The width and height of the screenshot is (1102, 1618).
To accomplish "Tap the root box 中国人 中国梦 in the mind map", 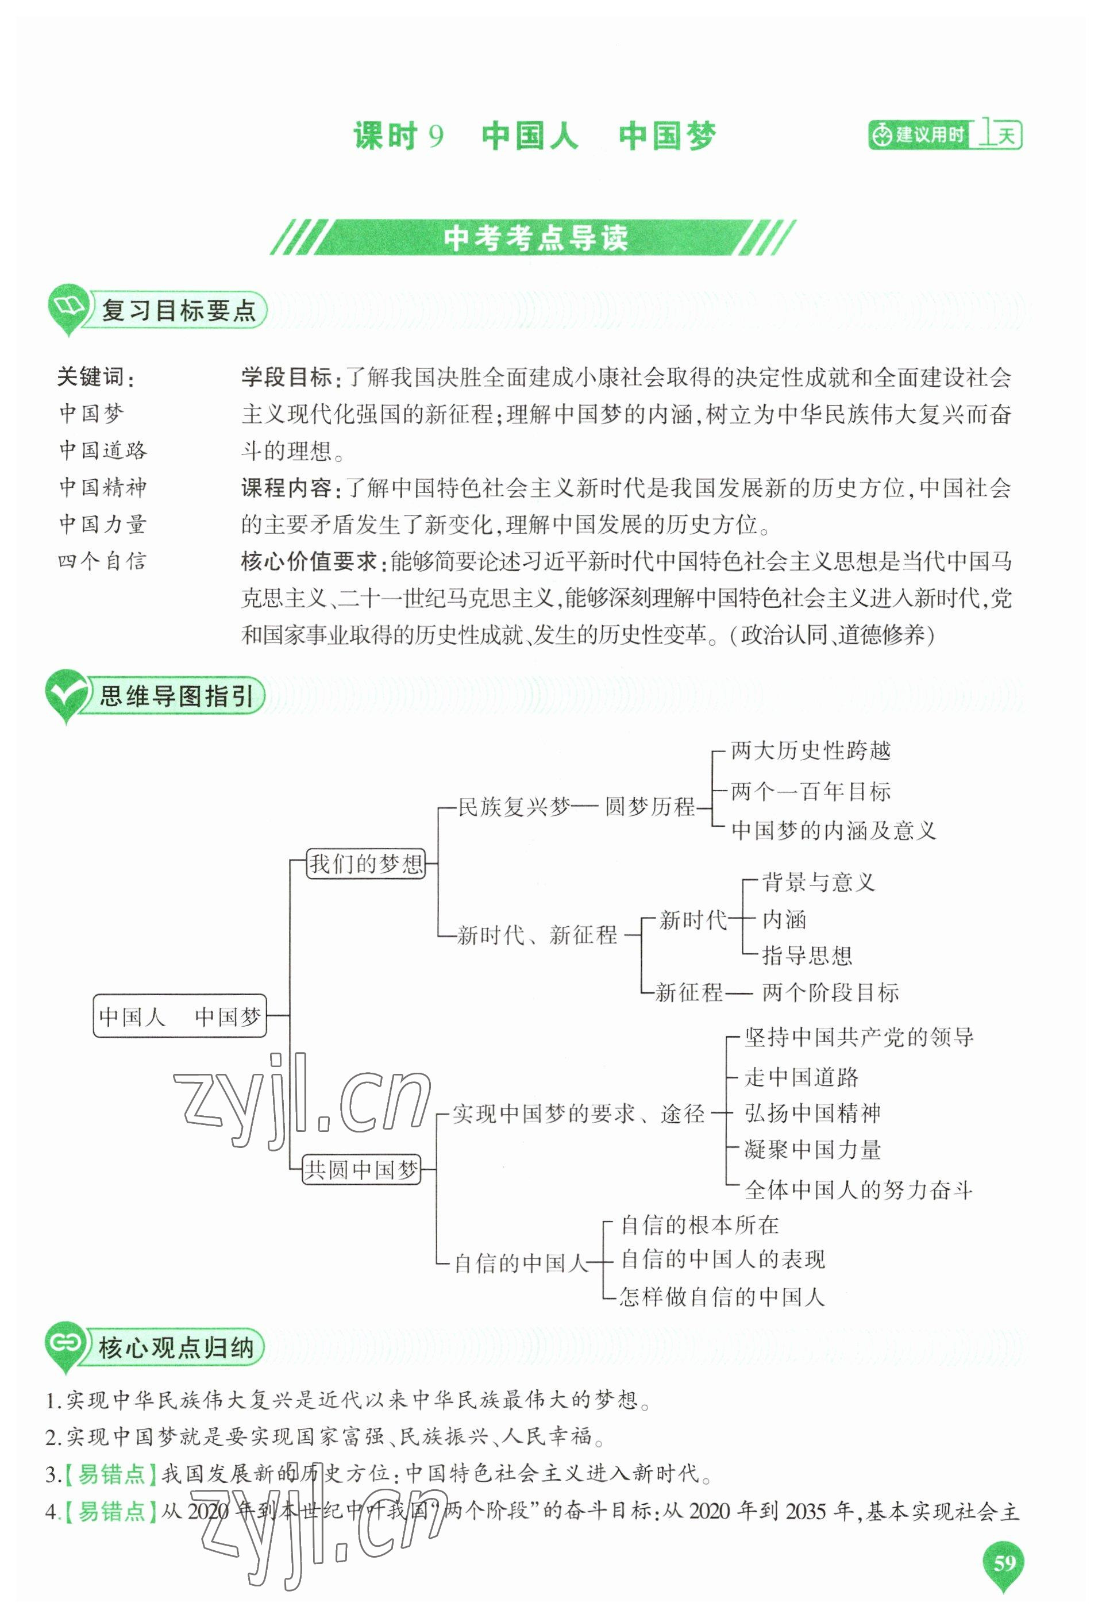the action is pos(180,1016).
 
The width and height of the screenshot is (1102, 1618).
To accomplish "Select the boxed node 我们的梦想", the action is pos(366,864).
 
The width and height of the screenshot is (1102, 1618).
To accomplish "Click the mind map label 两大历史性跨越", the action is pos(810,750).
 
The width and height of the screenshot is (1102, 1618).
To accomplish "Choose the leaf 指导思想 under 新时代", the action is pos(807,955).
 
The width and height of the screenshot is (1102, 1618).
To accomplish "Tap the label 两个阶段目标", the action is pos(830,992).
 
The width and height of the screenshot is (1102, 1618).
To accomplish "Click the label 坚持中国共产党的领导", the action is pos(858,1037).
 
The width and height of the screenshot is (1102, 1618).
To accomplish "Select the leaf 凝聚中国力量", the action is pos(812,1150).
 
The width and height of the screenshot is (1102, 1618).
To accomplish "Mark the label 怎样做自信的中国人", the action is pos(722,1296).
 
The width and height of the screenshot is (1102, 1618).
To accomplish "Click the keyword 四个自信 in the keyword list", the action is pos(102,561).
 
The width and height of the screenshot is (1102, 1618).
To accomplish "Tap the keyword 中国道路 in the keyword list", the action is pos(103,450).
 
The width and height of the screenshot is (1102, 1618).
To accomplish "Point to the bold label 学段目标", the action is pos(287,377).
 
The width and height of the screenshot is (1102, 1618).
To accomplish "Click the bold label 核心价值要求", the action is pos(309,561).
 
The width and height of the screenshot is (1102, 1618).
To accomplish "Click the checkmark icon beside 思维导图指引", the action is pos(66,694).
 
